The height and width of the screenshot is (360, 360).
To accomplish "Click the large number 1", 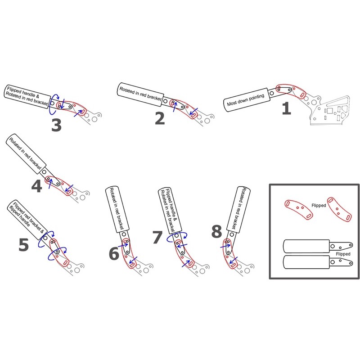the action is point(287,108).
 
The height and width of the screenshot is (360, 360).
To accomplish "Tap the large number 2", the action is point(160,118).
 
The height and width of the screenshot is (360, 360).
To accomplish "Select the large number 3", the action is point(56,126).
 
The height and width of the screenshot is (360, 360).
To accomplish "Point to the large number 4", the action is point(36,186).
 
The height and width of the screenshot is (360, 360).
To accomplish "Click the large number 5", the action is point(24,245).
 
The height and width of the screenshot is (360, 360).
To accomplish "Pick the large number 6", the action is point(114,253).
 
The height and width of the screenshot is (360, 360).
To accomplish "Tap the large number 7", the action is point(157,237).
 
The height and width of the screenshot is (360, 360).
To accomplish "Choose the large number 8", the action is point(216,231).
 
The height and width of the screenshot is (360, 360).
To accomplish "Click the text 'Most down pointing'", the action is point(246,100).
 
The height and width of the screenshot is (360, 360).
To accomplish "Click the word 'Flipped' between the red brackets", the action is point(319,205).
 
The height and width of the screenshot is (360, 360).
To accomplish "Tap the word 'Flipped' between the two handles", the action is point(343,254).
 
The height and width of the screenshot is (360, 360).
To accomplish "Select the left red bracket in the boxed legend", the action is point(298,209).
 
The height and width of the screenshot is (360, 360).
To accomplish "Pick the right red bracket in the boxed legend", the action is point(339,209).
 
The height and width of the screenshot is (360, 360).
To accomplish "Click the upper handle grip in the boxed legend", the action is point(306,246).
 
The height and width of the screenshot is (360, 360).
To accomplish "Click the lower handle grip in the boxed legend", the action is point(306,262).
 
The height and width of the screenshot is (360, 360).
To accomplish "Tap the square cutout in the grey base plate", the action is point(330,111).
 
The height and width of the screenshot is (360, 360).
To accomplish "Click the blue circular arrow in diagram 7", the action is point(177,237).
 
